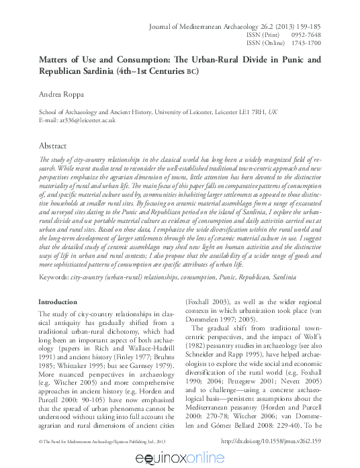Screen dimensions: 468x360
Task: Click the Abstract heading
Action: coord(53,145)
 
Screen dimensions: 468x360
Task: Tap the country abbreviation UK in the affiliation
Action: coord(271,112)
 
